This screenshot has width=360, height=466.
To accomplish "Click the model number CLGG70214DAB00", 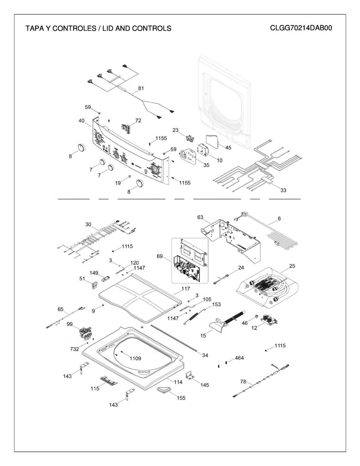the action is (x=301, y=28).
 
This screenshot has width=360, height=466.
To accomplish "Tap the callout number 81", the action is (x=141, y=88).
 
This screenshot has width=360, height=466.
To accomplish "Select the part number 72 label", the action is (x=138, y=120).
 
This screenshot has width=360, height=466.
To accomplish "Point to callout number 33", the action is (x=283, y=190).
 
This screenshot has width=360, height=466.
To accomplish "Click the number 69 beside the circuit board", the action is (x=160, y=256).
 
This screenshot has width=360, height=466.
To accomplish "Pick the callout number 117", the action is (x=186, y=289).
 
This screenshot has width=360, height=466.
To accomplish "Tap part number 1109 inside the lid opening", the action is (x=135, y=359).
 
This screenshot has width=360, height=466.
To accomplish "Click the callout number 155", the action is (x=181, y=398).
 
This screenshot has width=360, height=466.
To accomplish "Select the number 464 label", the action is (x=239, y=358).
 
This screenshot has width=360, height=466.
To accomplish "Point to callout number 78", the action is (x=243, y=382).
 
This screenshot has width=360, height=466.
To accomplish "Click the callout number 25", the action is (x=292, y=266).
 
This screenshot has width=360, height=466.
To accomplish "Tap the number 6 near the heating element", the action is (x=279, y=218).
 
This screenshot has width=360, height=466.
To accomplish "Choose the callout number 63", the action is (x=200, y=217).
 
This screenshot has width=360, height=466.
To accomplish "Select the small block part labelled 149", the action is (x=106, y=279).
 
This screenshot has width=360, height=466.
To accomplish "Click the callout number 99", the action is (x=70, y=324).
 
